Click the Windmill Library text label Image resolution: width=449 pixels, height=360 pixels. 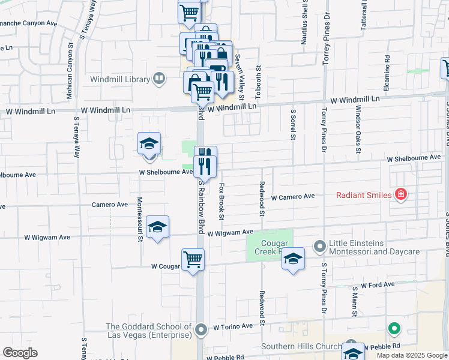[121, 79]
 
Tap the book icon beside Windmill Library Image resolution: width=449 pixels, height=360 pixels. [159, 78]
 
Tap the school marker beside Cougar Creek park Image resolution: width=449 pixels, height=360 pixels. [292, 259]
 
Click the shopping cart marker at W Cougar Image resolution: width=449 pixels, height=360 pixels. [193, 260]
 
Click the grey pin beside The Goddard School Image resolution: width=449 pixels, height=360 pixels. [201, 329]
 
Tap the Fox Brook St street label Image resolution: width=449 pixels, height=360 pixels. [221, 200]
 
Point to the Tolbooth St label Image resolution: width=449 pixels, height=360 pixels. [258, 83]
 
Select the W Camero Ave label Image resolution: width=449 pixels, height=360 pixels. [293, 197]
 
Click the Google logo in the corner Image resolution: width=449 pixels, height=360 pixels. [20, 353]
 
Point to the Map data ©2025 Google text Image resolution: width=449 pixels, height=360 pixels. [411, 355]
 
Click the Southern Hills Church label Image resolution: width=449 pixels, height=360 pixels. [301, 347]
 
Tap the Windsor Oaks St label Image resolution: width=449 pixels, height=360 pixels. [357, 130]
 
